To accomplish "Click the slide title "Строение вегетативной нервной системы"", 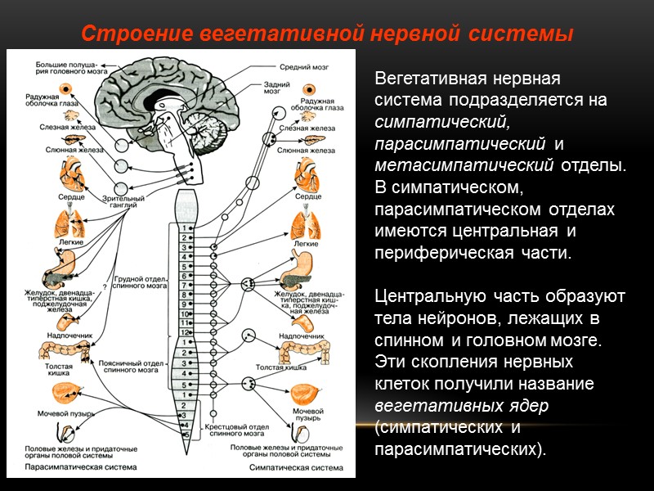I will pyautogui.click(x=326, y=35).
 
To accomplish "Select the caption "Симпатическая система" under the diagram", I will pyautogui.click(x=291, y=468).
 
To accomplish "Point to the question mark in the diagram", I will pyautogui.click(x=104, y=288).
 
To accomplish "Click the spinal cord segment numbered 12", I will pyautogui.click(x=186, y=332).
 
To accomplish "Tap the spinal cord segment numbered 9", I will pyautogui.click(x=186, y=303).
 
